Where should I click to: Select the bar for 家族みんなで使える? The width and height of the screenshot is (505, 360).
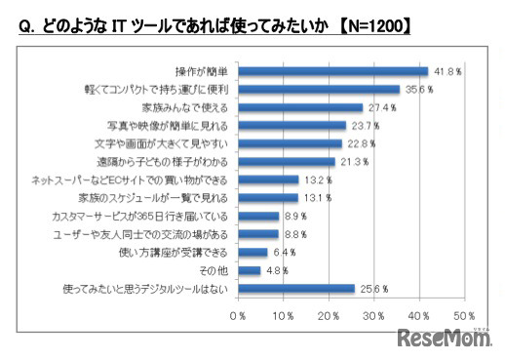coord(300,107)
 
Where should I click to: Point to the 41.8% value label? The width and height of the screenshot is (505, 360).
coord(447,70)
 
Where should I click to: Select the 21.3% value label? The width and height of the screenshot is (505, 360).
coord(354,161)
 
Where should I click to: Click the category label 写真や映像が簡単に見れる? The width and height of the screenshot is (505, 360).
coord(170,125)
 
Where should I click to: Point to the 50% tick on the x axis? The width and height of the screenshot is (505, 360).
coord(464,316)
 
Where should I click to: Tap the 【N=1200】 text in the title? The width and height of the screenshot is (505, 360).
coord(364,28)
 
